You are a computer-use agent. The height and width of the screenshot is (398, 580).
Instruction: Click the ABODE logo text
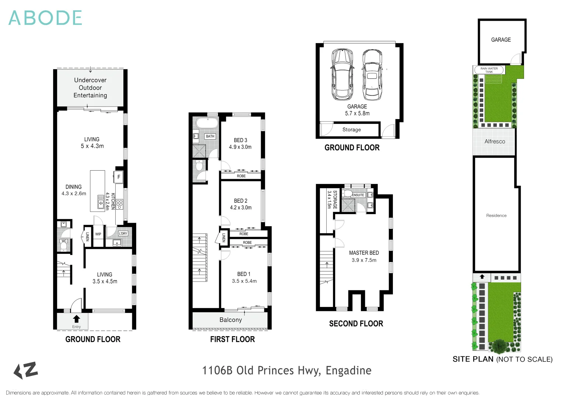[x=45, y=18]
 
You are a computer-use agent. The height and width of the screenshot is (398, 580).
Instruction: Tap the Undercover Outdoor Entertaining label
[x=90, y=88]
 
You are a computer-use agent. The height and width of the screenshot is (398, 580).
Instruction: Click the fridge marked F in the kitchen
[x=119, y=177]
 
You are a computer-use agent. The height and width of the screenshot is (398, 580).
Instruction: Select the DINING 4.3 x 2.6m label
[x=74, y=190]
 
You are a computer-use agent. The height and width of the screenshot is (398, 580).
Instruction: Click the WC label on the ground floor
[x=64, y=241]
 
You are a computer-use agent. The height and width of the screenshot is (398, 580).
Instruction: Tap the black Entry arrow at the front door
[x=76, y=319]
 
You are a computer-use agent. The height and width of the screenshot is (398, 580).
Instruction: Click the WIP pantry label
[x=98, y=234]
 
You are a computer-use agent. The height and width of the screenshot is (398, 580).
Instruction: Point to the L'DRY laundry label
[x=123, y=233]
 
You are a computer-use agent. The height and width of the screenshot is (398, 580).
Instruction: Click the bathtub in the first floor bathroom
[x=207, y=123]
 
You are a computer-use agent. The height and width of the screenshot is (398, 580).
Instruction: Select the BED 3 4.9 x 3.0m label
[x=240, y=143]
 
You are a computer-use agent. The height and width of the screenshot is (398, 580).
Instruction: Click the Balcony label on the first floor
[x=231, y=320]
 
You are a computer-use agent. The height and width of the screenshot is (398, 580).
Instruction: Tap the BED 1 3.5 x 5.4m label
[x=244, y=277]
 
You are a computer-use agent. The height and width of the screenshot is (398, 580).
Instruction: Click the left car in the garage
[x=342, y=75]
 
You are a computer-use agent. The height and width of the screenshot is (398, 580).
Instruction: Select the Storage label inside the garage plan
[x=351, y=130]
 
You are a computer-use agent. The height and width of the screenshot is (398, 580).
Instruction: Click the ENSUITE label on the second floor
[x=358, y=195]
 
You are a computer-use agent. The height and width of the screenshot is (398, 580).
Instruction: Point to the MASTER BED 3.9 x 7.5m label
[x=364, y=256]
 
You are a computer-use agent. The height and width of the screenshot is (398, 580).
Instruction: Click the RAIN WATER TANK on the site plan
[x=489, y=70]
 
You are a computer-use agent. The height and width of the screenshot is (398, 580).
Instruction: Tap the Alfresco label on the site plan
[x=495, y=142]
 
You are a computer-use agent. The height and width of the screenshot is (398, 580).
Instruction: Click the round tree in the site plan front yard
[x=499, y=346]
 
